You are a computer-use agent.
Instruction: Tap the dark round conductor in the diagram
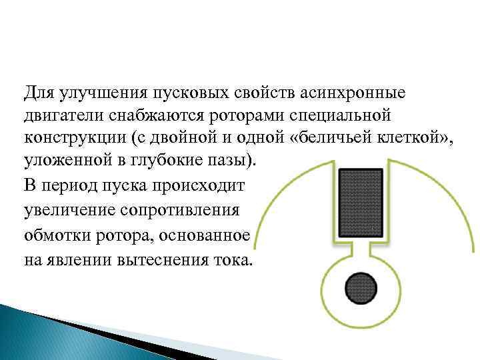click(x=361, y=287)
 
